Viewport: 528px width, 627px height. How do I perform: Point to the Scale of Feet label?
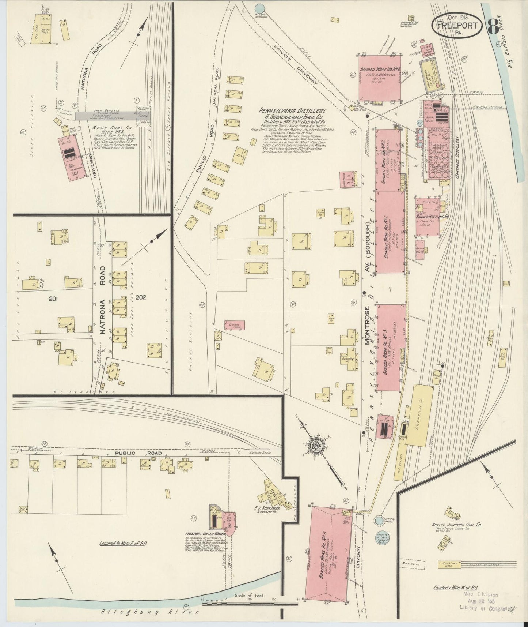(251, 596)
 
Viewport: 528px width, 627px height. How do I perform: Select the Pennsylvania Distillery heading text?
(292, 110)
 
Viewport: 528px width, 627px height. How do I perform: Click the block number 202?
(141, 297)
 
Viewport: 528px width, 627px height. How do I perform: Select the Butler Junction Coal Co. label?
(457, 525)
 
